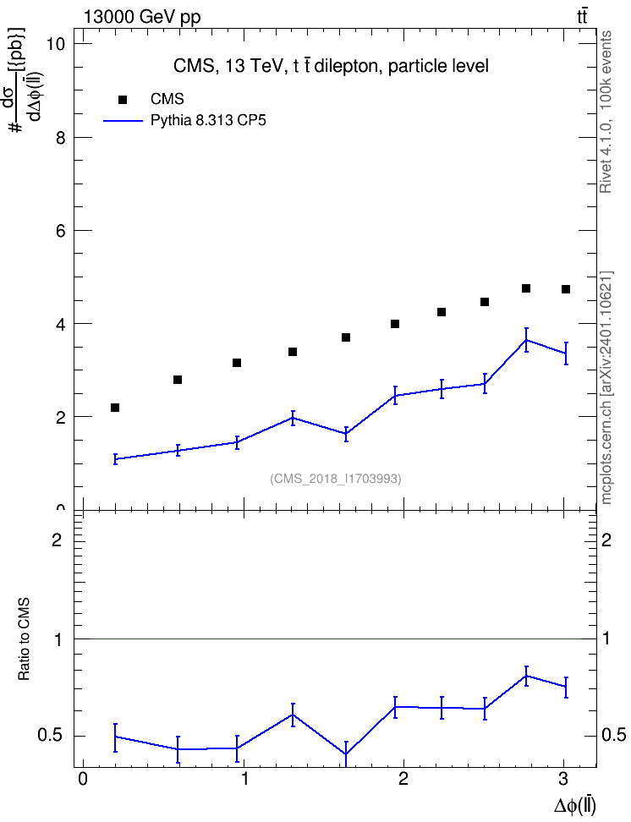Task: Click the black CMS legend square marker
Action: click(x=123, y=100)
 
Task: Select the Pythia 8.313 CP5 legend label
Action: click(x=208, y=121)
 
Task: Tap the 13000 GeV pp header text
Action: click(x=142, y=17)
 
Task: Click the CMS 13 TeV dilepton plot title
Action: click(x=331, y=66)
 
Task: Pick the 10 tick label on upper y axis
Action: click(x=55, y=44)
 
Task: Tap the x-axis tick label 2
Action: click(x=403, y=779)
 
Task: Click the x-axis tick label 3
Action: click(x=563, y=779)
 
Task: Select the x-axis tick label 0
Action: click(x=82, y=779)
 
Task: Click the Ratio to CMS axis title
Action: click(x=24, y=639)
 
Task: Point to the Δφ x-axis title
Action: click(x=575, y=806)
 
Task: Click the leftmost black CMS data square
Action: click(x=115, y=408)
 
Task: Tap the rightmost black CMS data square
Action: click(x=565, y=289)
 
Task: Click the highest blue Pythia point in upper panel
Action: click(x=526, y=340)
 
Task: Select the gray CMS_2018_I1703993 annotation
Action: click(x=336, y=479)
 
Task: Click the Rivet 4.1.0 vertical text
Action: click(x=606, y=112)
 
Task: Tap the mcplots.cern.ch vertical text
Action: click(x=606, y=388)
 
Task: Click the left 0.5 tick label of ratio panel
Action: click(x=50, y=736)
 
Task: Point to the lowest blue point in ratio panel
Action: click(x=346, y=754)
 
